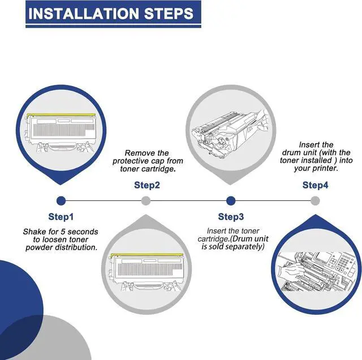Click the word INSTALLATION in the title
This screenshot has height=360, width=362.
pyautogui.click(x=83, y=14)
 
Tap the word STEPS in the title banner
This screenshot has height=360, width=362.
pyautogui.click(x=169, y=14)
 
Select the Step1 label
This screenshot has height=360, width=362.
pyautogui.click(x=61, y=217)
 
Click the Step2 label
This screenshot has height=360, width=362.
pyautogui.click(x=147, y=185)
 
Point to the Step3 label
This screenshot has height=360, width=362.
pyautogui.click(x=231, y=217)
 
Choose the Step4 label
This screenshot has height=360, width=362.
pyautogui.click(x=315, y=185)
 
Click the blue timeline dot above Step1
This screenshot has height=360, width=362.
pyautogui.click(x=61, y=200)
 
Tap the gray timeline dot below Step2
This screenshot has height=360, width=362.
pyautogui.click(x=146, y=200)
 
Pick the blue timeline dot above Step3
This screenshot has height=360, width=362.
pyautogui.click(x=231, y=200)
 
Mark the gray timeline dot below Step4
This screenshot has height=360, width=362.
pyautogui.click(x=315, y=200)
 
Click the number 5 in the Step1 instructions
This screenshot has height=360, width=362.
pyautogui.click(x=63, y=232)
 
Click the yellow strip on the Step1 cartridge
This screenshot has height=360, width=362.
pyautogui.click(x=61, y=115)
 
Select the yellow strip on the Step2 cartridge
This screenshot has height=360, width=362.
pyautogui.click(x=147, y=255)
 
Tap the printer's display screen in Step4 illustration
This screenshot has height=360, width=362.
pyautogui.click(x=324, y=257)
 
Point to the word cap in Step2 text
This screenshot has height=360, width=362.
pyautogui.click(x=158, y=161)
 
